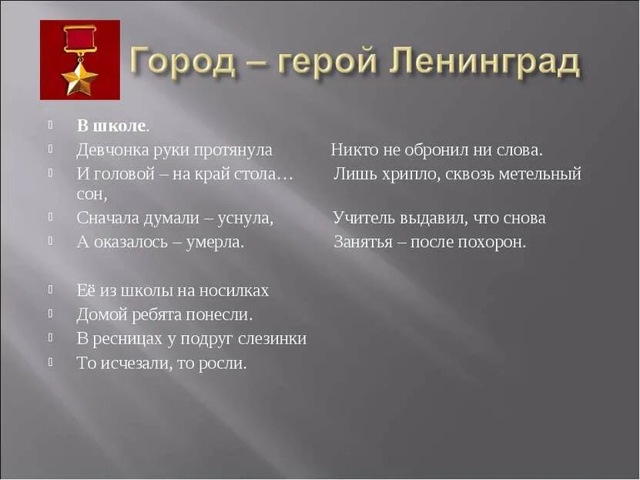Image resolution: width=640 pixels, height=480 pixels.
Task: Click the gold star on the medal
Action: (x=80, y=78)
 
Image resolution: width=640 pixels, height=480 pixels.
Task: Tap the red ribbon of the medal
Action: (x=80, y=39)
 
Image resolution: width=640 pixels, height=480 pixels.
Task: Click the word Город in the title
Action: (x=179, y=60)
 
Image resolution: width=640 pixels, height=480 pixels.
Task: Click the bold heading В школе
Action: (x=112, y=125)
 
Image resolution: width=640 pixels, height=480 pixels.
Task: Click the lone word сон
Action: (x=92, y=195)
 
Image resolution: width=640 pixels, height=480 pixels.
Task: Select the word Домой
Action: (x=99, y=314)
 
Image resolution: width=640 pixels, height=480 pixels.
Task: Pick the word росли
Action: (x=225, y=363)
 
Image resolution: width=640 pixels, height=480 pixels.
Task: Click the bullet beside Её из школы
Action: (x=50, y=290)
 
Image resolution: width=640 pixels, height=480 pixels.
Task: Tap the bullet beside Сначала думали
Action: (x=50, y=217)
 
